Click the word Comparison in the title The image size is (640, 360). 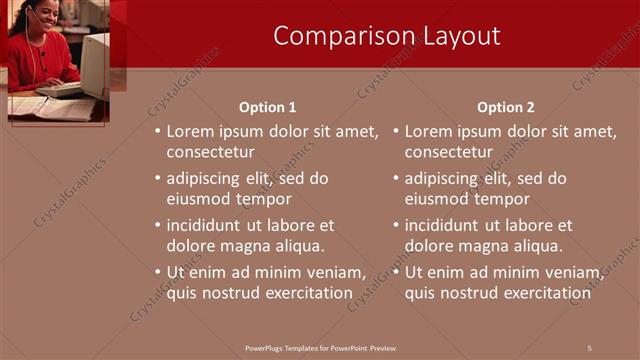(x=332, y=36)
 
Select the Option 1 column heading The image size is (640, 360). (x=267, y=107)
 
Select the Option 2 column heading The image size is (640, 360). (x=505, y=107)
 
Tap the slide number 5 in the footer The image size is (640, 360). (x=589, y=347)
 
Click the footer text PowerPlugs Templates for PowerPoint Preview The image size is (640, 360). (x=320, y=347)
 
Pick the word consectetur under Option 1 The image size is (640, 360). (x=210, y=152)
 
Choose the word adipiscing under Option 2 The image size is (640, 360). (x=445, y=178)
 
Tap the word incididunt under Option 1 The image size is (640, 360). (x=208, y=225)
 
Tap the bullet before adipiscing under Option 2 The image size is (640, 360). (x=395, y=179)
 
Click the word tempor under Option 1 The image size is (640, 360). (x=266, y=198)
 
